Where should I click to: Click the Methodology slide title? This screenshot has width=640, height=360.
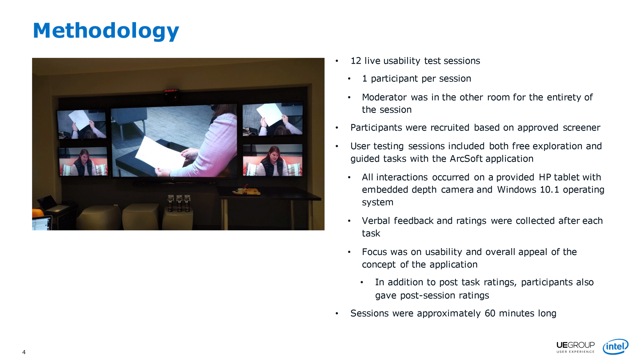(x=106, y=31)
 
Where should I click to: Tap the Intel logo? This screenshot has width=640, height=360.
(x=615, y=347)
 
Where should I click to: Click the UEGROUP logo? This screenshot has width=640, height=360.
(x=575, y=347)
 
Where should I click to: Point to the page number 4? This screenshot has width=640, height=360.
(x=24, y=352)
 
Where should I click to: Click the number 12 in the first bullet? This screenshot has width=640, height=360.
(x=356, y=61)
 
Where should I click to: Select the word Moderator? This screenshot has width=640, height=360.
(x=384, y=97)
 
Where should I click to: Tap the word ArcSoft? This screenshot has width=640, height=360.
(x=466, y=159)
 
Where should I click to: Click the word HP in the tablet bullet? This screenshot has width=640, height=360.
(x=545, y=177)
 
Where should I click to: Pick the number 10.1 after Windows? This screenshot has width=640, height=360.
(x=549, y=190)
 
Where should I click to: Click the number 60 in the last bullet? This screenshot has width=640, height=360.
(x=490, y=313)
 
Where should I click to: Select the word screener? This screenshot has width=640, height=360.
(x=581, y=128)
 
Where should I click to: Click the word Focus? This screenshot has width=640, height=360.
(x=374, y=252)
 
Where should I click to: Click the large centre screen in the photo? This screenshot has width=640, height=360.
(x=174, y=141)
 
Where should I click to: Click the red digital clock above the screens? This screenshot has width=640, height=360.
(x=171, y=91)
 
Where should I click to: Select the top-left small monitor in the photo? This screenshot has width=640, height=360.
(x=82, y=124)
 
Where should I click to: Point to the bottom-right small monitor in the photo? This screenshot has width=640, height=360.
(x=273, y=160)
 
